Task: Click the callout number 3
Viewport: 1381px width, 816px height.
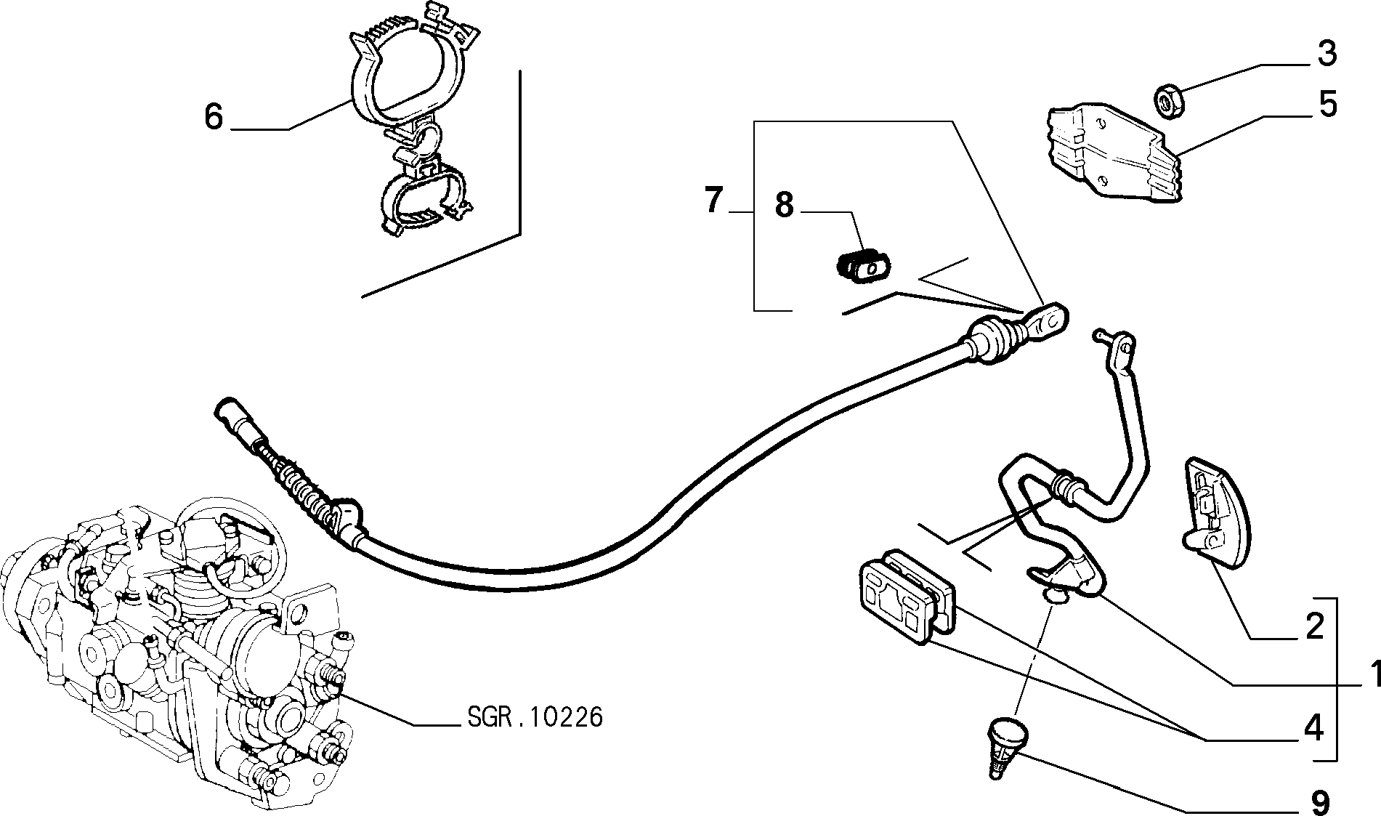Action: pos(1327,54)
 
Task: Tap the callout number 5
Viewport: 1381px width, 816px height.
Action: pos(1327,105)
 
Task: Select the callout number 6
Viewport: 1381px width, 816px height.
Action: pos(213,116)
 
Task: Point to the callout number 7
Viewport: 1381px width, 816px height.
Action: pos(715,200)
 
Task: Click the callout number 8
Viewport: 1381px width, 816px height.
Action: pos(785,205)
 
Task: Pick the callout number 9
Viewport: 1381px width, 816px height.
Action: pos(1320,803)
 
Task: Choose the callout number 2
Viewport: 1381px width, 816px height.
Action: pos(1315,626)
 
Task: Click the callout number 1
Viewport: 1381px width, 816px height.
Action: pos(1372,674)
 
